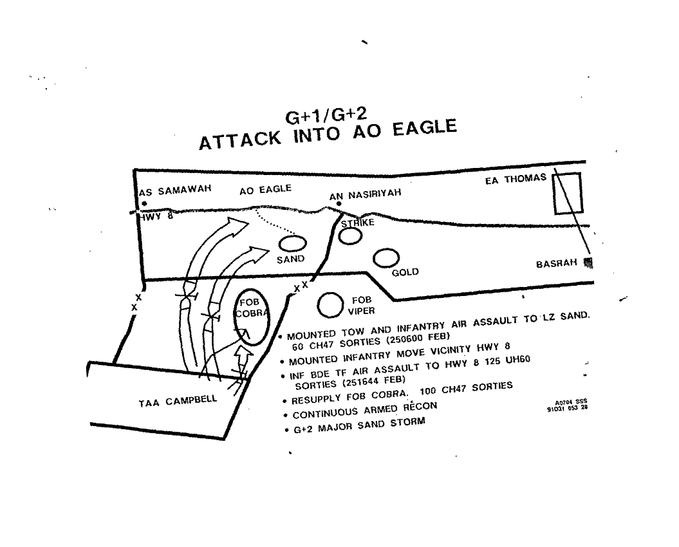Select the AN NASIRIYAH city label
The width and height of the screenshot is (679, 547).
click(x=366, y=194)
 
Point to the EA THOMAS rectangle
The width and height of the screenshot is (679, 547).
click(x=568, y=193)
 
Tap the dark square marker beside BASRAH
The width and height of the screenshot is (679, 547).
click(x=588, y=262)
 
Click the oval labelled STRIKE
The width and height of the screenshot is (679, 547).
click(x=351, y=236)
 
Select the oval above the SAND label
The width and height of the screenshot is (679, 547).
click(x=292, y=244)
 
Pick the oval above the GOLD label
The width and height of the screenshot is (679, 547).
click(x=386, y=258)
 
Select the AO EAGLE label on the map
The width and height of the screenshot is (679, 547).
click(x=265, y=190)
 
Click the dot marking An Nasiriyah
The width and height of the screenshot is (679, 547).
click(x=339, y=203)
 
